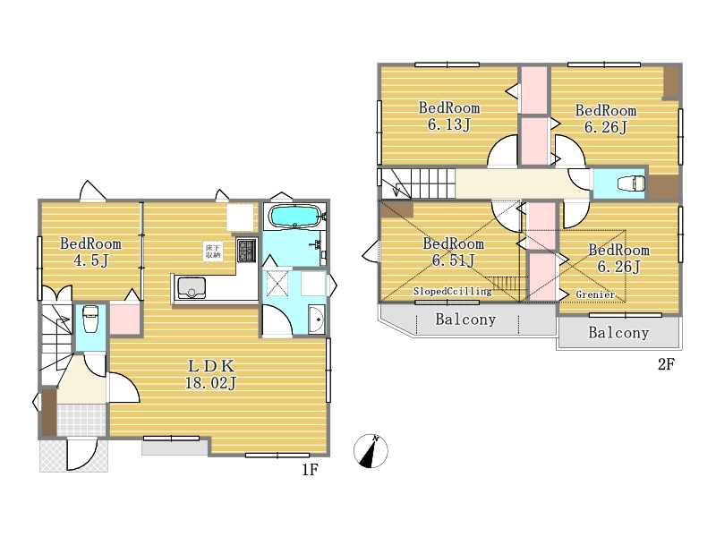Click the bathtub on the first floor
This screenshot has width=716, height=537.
(x=294, y=216)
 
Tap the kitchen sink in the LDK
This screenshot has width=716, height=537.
(x=192, y=287)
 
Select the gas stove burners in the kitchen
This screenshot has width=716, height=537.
(x=247, y=251)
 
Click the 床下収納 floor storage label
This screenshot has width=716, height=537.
(x=213, y=251)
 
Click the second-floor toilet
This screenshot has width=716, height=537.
(x=631, y=183)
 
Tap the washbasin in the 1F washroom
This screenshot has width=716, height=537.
(x=317, y=319)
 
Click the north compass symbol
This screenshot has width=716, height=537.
(x=371, y=451)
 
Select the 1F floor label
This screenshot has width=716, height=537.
(x=310, y=469)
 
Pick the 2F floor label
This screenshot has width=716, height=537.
(x=666, y=364)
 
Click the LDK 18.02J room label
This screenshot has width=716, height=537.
(x=211, y=374)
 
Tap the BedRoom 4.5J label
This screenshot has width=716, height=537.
(x=91, y=251)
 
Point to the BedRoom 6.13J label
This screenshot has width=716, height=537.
(x=449, y=116)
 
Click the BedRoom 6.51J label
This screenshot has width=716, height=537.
(x=453, y=251)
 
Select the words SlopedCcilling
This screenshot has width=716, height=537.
(x=453, y=292)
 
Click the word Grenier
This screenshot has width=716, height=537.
(x=595, y=294)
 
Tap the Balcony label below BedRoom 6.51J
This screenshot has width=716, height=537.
(x=465, y=320)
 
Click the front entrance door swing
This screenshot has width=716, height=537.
(x=82, y=455)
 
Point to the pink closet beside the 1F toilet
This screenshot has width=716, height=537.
(x=124, y=319)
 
